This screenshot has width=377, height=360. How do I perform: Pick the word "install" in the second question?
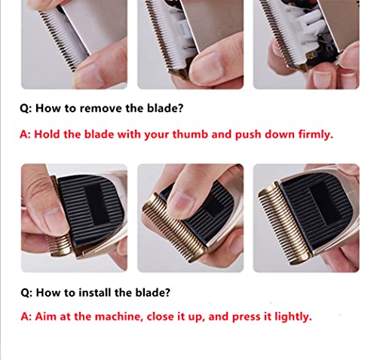coord(96,288)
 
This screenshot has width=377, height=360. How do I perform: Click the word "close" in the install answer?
coord(161,316)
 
